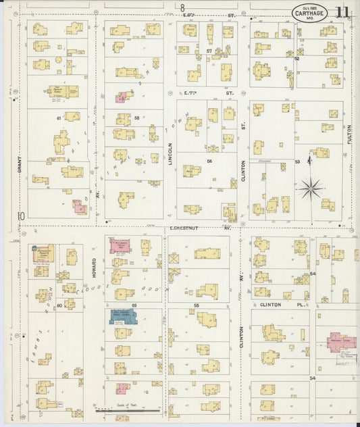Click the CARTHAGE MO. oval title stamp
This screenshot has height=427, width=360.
[310, 13]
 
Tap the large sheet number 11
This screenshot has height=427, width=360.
[342, 13]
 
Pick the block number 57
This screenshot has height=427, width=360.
[209, 51]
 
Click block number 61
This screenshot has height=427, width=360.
[59, 118]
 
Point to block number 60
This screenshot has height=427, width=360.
[59, 305]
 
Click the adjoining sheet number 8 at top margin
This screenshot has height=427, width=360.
[182, 7]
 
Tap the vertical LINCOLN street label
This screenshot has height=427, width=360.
[169, 155]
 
